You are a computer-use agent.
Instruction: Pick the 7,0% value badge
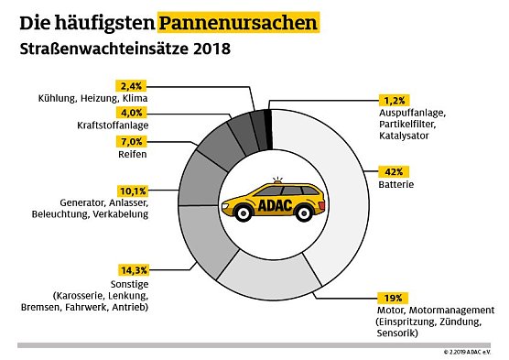click(132, 143)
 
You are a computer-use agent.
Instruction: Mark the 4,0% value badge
click(132, 113)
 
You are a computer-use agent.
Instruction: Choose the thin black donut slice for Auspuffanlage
click(267, 116)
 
